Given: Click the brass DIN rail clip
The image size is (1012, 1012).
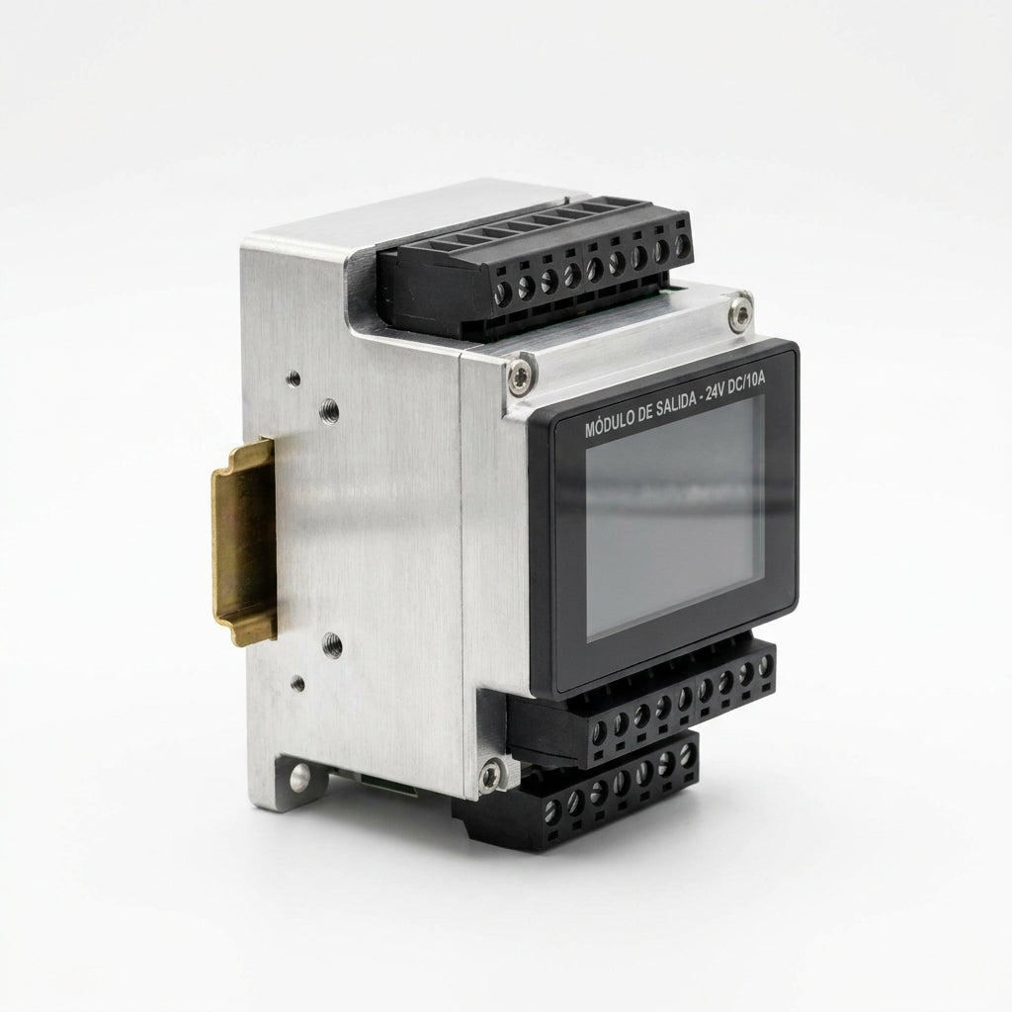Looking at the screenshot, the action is click(x=245, y=542).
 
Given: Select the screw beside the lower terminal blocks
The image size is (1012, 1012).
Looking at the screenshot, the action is click(x=489, y=775).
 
